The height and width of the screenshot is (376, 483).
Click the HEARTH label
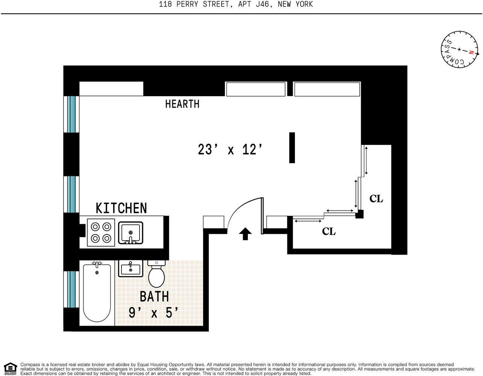(x=182, y=104)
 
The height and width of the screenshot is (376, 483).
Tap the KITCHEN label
(x=121, y=208)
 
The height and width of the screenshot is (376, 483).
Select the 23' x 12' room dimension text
(x=230, y=150)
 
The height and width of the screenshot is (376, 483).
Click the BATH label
(x=154, y=297)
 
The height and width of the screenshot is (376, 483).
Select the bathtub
(x=97, y=293)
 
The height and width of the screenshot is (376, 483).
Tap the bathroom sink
(x=131, y=268)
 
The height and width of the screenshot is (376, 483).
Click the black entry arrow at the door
(x=245, y=233)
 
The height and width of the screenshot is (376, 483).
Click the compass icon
(x=459, y=50)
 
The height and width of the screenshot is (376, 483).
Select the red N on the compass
(x=471, y=52)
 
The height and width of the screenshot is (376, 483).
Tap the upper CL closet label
(x=376, y=199)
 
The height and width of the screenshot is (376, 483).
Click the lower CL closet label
(x=329, y=232)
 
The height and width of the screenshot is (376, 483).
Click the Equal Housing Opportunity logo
(x=10, y=368)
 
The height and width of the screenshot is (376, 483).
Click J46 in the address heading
(x=262, y=5)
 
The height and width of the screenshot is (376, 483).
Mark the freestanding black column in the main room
(x=292, y=148)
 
